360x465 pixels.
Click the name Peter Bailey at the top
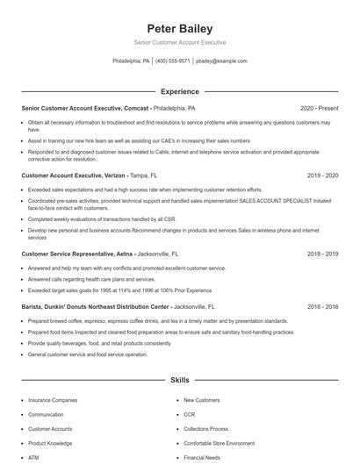(x=180, y=28)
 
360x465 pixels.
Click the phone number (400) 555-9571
(x=172, y=61)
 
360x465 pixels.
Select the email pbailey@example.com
(x=221, y=61)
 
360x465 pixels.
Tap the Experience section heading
(x=180, y=91)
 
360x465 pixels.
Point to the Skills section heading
(x=180, y=381)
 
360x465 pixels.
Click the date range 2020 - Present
(x=319, y=108)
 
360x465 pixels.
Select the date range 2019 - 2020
(x=321, y=175)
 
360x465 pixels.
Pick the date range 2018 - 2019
(x=321, y=254)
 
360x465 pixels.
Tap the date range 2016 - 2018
(x=321, y=307)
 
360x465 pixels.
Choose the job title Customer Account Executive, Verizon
(x=74, y=175)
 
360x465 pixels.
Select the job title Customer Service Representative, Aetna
(x=77, y=254)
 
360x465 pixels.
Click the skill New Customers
(x=201, y=400)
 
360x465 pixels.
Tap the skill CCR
(x=191, y=414)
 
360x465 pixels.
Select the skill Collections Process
(x=207, y=429)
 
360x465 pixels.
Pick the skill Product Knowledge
(x=50, y=443)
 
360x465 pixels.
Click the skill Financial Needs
(x=203, y=458)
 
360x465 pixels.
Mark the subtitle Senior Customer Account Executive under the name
(x=180, y=42)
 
